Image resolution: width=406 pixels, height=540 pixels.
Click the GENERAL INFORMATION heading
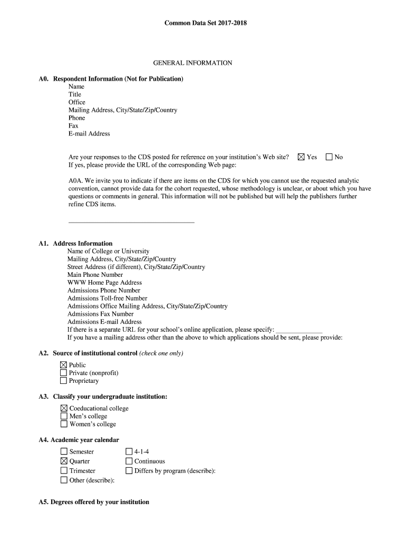coord(192,63)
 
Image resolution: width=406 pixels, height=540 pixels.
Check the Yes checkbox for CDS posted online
coord(301,157)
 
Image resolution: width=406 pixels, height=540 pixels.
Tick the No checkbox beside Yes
coord(329,157)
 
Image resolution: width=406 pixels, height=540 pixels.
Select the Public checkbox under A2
coord(64,365)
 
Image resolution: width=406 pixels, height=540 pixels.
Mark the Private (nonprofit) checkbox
coord(64,373)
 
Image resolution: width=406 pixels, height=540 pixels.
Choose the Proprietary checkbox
coord(64,381)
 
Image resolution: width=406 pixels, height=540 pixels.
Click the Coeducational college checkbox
coord(64,408)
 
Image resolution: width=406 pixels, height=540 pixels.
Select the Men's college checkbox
coord(64,416)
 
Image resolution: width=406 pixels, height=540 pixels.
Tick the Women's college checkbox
coord(64,424)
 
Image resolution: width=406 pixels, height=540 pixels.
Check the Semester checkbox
coord(64,451)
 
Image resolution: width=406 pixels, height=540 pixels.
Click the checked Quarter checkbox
coord(64,461)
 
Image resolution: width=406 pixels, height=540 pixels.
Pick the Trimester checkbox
coord(64,470)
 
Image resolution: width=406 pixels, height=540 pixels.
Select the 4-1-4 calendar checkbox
coord(129,451)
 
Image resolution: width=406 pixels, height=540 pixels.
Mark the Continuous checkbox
coord(129,461)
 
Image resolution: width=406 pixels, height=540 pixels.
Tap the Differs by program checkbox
coord(129,470)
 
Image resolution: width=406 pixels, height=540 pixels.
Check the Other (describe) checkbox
coord(64,480)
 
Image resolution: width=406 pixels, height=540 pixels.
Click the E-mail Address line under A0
coord(89,134)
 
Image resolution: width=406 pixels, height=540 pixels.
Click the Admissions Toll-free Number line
coord(107,298)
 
